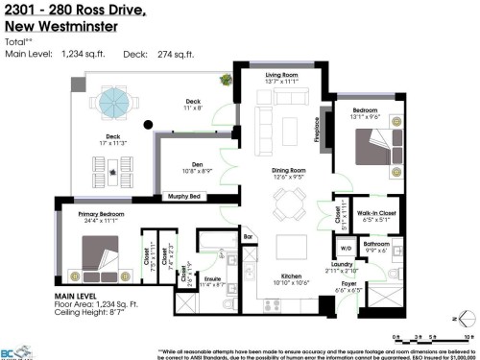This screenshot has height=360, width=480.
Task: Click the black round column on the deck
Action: point(147,125)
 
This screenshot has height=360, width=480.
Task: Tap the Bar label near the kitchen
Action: point(247,236)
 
